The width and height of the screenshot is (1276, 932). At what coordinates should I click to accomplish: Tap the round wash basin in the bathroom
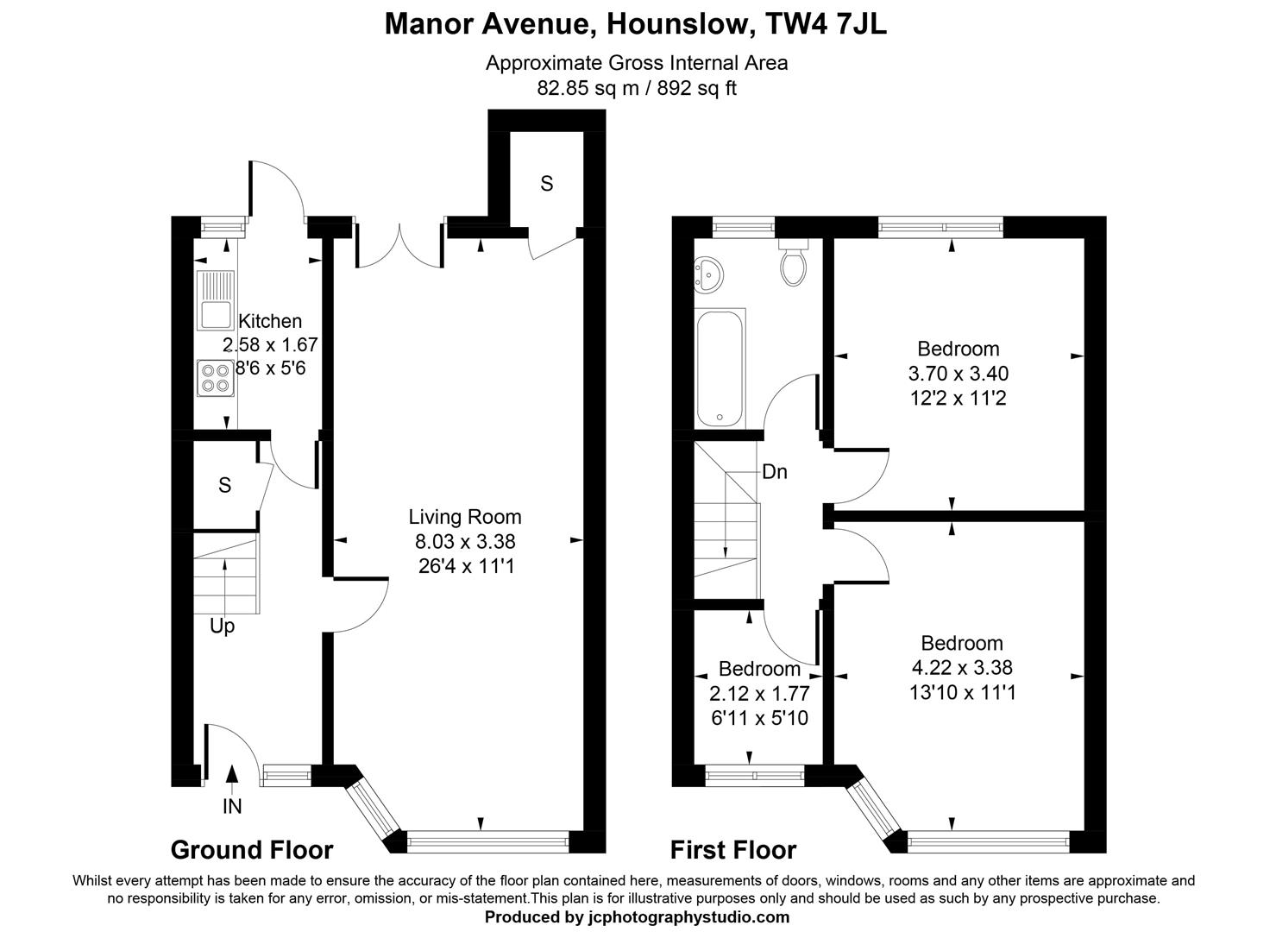(x=708, y=275)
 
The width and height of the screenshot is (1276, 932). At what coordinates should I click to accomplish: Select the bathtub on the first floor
(x=720, y=368)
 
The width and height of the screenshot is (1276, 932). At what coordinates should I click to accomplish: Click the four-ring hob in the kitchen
(x=216, y=378)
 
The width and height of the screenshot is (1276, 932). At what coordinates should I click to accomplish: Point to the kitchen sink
(x=216, y=300)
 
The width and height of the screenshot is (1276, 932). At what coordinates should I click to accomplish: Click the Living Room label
(x=465, y=517)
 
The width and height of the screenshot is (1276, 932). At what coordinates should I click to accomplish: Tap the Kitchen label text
(x=270, y=321)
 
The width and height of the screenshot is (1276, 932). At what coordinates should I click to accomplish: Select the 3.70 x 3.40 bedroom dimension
(x=959, y=374)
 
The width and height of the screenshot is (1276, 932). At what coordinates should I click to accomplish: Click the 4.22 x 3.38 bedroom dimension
(x=962, y=667)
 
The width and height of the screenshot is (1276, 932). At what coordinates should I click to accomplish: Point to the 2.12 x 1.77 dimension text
(x=759, y=693)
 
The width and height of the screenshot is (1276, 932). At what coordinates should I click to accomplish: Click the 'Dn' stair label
(x=775, y=472)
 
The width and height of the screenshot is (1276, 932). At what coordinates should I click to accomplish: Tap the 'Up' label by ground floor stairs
(x=223, y=627)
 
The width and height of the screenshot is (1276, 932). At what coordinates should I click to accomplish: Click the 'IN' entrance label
(x=232, y=806)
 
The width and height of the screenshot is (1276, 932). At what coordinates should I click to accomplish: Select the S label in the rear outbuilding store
(x=546, y=184)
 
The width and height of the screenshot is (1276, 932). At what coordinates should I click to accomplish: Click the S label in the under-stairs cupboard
(x=225, y=485)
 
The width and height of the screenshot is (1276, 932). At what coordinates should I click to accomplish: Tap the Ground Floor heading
(x=252, y=850)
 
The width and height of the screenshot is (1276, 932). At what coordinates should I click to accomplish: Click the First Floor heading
(x=733, y=850)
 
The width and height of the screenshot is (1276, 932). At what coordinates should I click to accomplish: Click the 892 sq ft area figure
(x=697, y=88)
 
